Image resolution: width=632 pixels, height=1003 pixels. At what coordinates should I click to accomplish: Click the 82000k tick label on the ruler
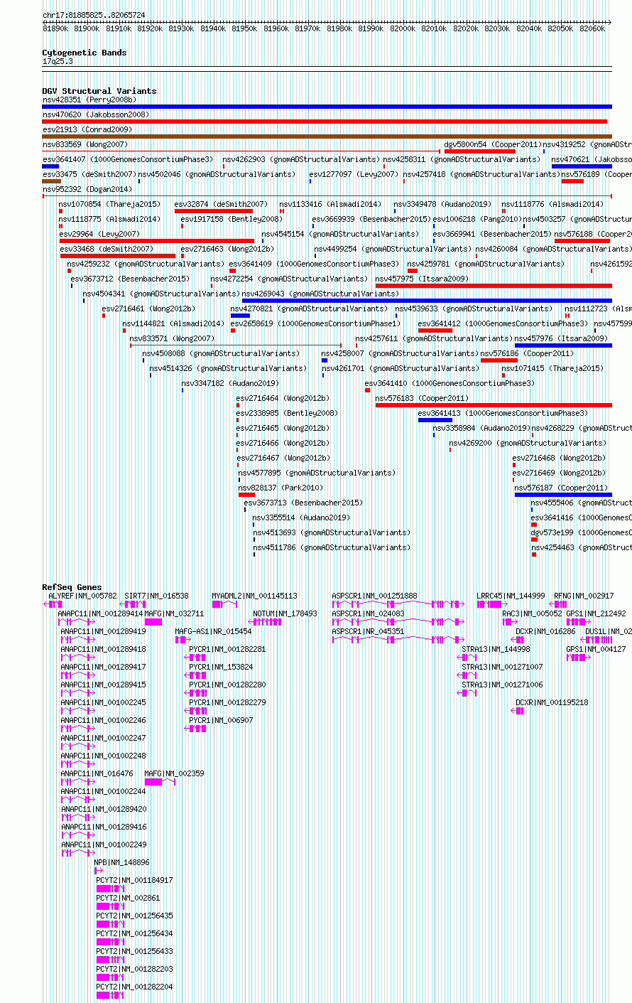pos(403,28)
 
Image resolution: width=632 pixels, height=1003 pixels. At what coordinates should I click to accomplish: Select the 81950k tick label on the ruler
pos(245,28)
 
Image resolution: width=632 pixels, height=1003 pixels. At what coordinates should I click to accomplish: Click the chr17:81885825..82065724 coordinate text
pos(94,15)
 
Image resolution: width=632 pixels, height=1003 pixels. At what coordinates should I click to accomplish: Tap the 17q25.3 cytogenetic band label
pos(58,61)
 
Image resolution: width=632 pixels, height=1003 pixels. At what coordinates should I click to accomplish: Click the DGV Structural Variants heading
pos(99,91)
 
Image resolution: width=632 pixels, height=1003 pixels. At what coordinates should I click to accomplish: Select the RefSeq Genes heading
pos(72,587)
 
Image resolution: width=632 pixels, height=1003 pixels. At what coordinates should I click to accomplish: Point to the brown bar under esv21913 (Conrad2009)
pos(327,136)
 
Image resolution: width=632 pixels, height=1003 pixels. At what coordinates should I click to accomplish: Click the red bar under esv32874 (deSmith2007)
pos(214,211)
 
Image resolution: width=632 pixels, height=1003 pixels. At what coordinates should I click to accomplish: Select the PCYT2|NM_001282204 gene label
pos(134,987)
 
